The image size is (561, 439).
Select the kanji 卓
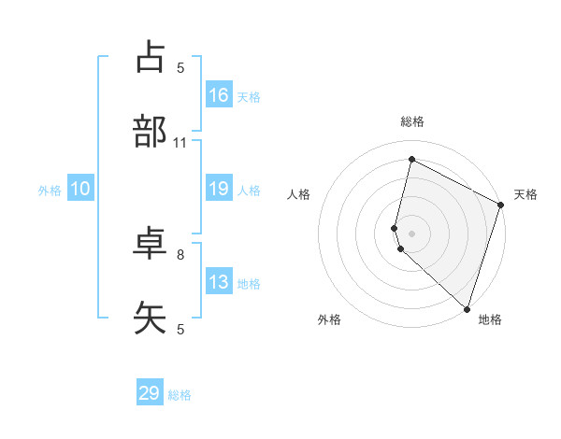pyautogui.click(x=151, y=243)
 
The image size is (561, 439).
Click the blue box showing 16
pyautogui.click(x=219, y=95)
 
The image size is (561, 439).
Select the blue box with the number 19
pyautogui.click(x=219, y=190)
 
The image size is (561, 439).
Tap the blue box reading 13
pyautogui.click(x=219, y=282)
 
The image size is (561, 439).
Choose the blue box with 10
pyautogui.click(x=79, y=190)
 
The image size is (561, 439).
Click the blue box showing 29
pyautogui.click(x=150, y=393)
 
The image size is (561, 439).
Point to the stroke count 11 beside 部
pyautogui.click(x=180, y=143)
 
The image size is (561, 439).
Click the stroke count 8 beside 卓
pyautogui.click(x=180, y=254)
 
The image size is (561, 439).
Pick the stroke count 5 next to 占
pyautogui.click(x=180, y=67)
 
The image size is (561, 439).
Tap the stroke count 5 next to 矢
pyautogui.click(x=180, y=329)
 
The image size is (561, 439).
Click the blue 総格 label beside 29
pyautogui.click(x=180, y=395)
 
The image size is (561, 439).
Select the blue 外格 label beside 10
pyautogui.click(x=50, y=191)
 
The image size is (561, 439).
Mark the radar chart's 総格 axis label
pyautogui.click(x=412, y=121)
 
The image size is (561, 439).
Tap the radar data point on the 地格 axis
pyautogui.click(x=467, y=308)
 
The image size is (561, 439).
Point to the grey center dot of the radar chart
pyautogui.click(x=411, y=234)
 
